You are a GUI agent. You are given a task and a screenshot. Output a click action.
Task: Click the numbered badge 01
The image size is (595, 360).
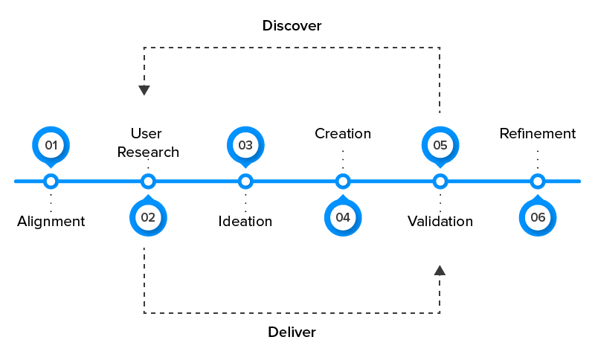[51, 145]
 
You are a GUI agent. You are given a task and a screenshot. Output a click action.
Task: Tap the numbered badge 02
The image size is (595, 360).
[148, 217]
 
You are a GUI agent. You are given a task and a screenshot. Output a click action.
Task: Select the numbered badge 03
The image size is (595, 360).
[245, 145]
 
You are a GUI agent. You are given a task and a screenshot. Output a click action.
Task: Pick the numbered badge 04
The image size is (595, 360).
[343, 217]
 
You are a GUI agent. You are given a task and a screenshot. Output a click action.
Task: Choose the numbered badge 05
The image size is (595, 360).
[440, 145]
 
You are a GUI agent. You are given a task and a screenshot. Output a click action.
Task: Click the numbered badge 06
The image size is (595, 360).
[538, 217]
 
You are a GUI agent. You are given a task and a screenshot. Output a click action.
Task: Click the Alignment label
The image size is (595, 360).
[51, 221]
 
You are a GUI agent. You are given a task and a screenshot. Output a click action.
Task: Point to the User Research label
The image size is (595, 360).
[149, 143]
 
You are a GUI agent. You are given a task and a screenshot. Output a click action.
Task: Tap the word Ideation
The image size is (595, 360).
[245, 221]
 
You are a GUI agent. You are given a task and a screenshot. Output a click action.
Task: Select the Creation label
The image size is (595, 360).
[343, 134]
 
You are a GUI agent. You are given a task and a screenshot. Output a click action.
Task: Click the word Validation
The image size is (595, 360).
[440, 221]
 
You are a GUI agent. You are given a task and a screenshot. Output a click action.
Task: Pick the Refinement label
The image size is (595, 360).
[538, 134]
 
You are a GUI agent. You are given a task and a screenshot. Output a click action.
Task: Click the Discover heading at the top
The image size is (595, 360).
[292, 26]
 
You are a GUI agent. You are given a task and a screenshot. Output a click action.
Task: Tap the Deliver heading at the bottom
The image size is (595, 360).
[292, 332]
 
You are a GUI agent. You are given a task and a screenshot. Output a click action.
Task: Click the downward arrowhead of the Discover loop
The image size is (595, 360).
[144, 91]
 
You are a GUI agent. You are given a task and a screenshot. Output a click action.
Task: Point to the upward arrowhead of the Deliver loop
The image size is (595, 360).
[440, 270]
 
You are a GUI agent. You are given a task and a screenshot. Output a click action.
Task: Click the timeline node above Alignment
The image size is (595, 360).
[51, 181]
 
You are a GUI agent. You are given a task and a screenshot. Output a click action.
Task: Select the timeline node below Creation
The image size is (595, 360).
[343, 181]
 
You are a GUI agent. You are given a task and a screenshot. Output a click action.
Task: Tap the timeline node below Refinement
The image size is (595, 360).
[538, 181]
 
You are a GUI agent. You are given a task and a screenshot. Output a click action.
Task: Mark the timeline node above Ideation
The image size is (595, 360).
[245, 181]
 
